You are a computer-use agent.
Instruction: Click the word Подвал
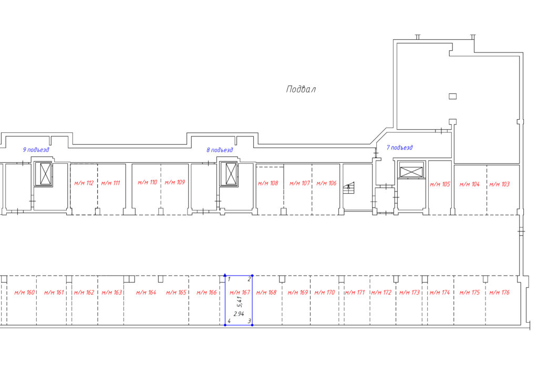[301, 89]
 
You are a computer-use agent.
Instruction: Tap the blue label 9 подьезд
[36, 150]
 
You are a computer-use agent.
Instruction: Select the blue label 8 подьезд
[220, 150]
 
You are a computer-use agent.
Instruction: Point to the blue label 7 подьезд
[400, 147]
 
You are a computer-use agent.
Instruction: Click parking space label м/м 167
[240, 292]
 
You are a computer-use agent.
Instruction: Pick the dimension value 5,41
[240, 302]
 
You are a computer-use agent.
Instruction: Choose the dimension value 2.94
[239, 313]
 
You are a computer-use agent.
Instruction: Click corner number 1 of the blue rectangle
[229, 279]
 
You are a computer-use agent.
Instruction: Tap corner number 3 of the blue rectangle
[250, 321]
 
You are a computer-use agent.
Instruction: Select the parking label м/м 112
[84, 183]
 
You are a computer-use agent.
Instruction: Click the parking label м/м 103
[500, 184]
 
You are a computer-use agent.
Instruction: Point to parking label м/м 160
[25, 293]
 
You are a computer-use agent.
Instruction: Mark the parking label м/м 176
[500, 293]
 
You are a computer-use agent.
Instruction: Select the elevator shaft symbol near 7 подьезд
[411, 170]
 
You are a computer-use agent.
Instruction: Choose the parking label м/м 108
[268, 183]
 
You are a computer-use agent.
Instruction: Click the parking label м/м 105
[440, 184]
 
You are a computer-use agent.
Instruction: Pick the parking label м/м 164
[146, 293]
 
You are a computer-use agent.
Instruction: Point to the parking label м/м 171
[355, 293]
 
